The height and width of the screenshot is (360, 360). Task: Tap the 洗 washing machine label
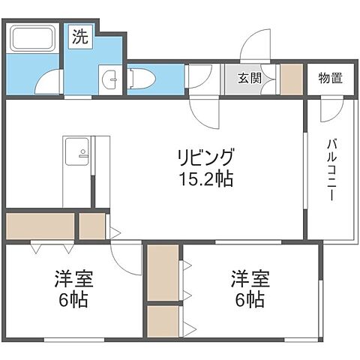click(x=80, y=36)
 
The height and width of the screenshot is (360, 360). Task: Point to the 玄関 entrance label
click(x=250, y=78)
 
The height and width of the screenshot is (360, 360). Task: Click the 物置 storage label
click(x=330, y=78)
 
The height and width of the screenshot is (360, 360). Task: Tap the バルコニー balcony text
click(x=331, y=169)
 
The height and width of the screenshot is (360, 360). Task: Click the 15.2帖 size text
click(x=205, y=181)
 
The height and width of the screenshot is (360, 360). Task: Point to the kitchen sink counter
click(x=77, y=156)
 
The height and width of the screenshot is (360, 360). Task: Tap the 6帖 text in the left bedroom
click(x=73, y=301)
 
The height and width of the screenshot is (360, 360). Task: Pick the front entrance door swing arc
click(x=257, y=45)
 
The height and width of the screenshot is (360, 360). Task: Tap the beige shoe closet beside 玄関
click(x=290, y=79)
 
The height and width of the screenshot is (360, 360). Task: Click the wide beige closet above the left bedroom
click(x=40, y=226)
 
